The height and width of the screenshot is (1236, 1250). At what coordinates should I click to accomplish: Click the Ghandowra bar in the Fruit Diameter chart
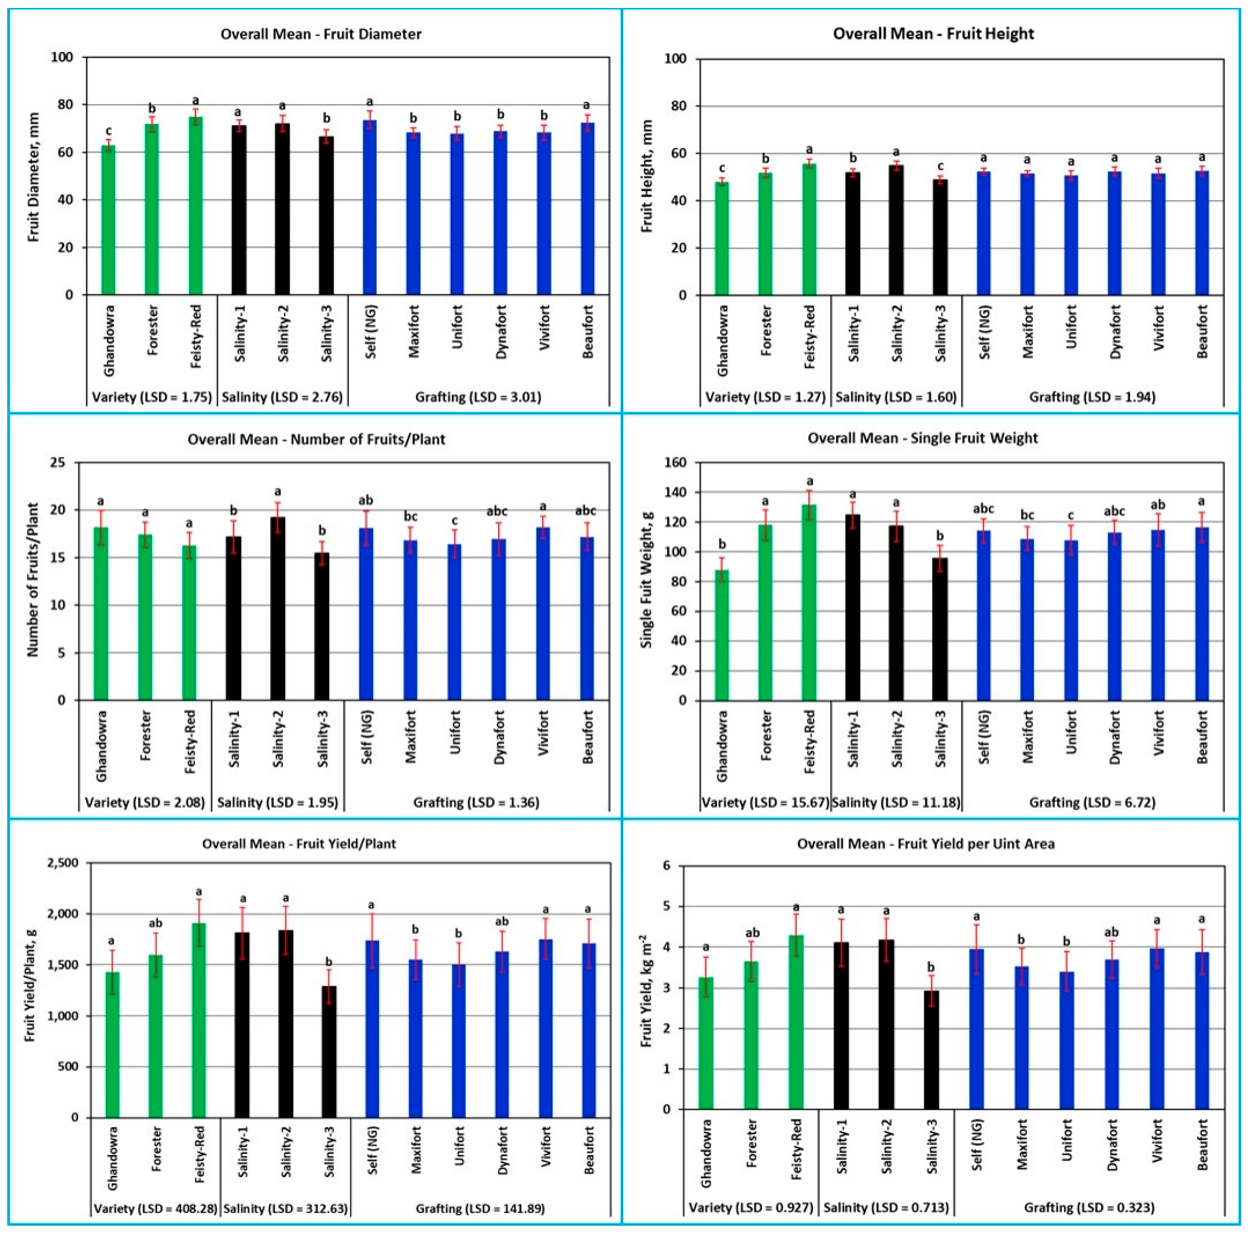tap(108, 220)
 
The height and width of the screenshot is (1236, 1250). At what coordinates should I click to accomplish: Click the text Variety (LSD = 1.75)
tap(152, 397)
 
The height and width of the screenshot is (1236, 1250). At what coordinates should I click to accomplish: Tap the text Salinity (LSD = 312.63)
tap(285, 1208)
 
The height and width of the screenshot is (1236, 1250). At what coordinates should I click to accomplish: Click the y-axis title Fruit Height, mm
tap(646, 176)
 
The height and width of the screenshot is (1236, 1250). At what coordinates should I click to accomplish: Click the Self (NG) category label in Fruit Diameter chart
tap(371, 332)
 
